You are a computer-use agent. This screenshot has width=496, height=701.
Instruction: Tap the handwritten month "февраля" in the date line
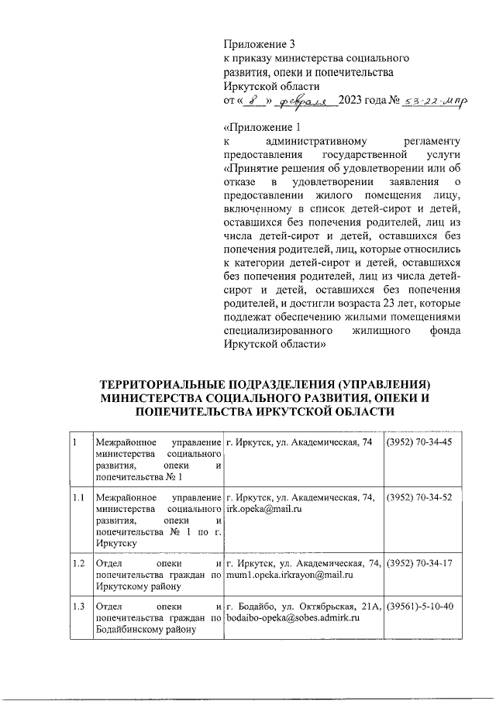tap(308, 101)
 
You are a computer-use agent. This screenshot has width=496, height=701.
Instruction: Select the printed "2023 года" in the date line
tap(363, 101)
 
